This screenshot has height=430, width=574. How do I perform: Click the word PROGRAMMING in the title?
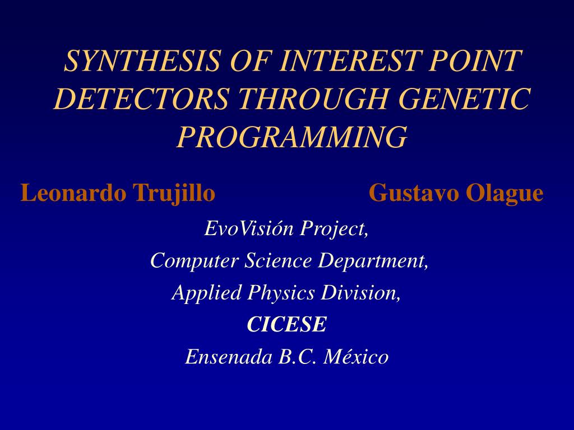click(x=291, y=137)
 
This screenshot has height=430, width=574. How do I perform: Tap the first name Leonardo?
click(x=74, y=193)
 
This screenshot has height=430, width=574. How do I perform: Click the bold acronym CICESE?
click(x=286, y=324)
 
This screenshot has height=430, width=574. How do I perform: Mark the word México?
click(x=358, y=357)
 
